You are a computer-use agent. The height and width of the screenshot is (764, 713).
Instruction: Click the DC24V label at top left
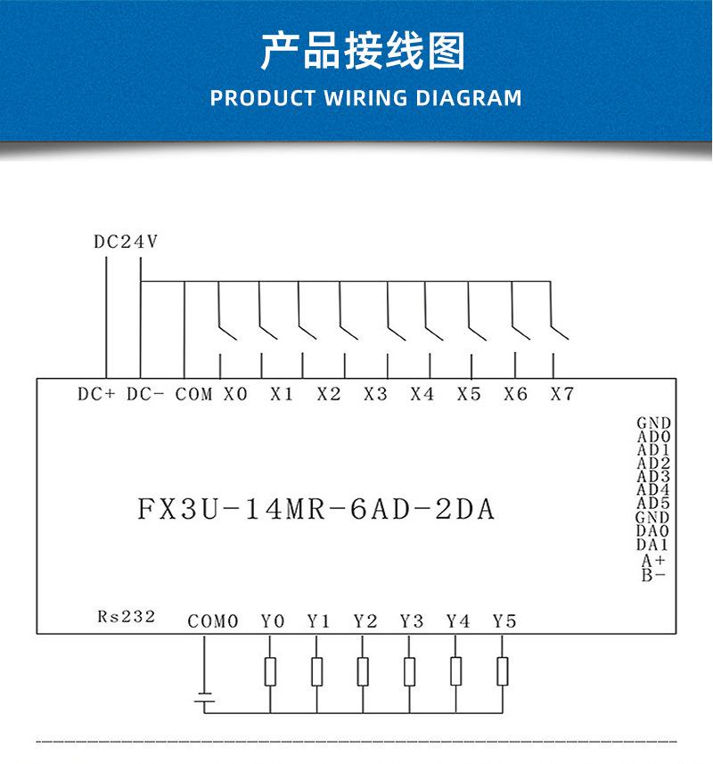126,241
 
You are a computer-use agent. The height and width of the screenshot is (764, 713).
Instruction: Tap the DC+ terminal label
96,394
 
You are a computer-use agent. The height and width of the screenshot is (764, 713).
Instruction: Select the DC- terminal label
145,394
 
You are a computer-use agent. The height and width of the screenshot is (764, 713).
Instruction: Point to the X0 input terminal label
235,394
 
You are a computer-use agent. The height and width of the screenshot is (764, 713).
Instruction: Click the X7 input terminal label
561,394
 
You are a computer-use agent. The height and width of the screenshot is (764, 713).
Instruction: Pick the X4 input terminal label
422,394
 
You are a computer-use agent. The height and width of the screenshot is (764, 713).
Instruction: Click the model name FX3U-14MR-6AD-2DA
316,510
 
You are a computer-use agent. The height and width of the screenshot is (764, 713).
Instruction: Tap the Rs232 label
127,616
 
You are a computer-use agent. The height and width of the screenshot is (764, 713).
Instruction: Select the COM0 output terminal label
213,621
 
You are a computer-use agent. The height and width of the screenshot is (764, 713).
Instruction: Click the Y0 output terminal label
273,621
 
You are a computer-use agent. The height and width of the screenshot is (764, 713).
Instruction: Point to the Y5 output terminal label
504,621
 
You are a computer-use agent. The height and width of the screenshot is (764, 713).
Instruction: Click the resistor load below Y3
410,670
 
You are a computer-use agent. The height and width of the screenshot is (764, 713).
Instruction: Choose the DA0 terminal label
653,530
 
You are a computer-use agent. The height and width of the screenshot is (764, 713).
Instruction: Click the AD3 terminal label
653,477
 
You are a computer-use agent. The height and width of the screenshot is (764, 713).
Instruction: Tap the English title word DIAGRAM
469,98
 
